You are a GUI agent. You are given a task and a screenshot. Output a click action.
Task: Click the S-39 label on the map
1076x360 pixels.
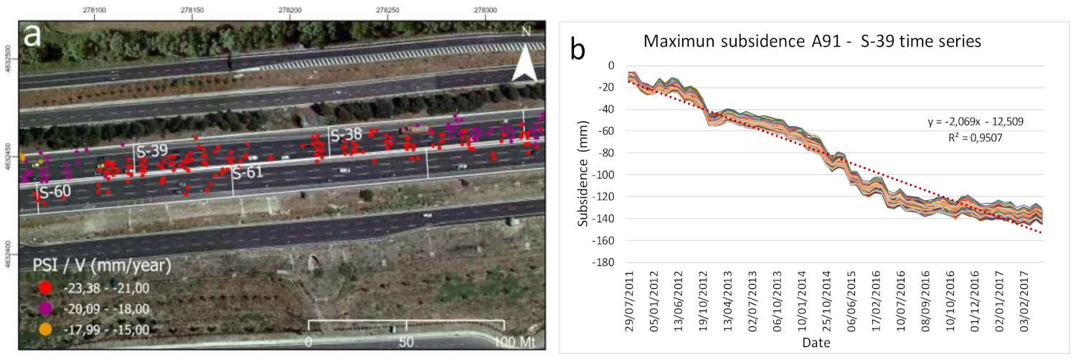tap(152, 151)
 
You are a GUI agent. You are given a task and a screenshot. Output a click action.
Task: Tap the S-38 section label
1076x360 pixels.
tap(346, 133)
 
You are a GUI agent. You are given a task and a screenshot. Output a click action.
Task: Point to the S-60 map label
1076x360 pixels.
tap(55, 192)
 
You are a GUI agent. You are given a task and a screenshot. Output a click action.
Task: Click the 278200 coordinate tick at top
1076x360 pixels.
tap(290, 11)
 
